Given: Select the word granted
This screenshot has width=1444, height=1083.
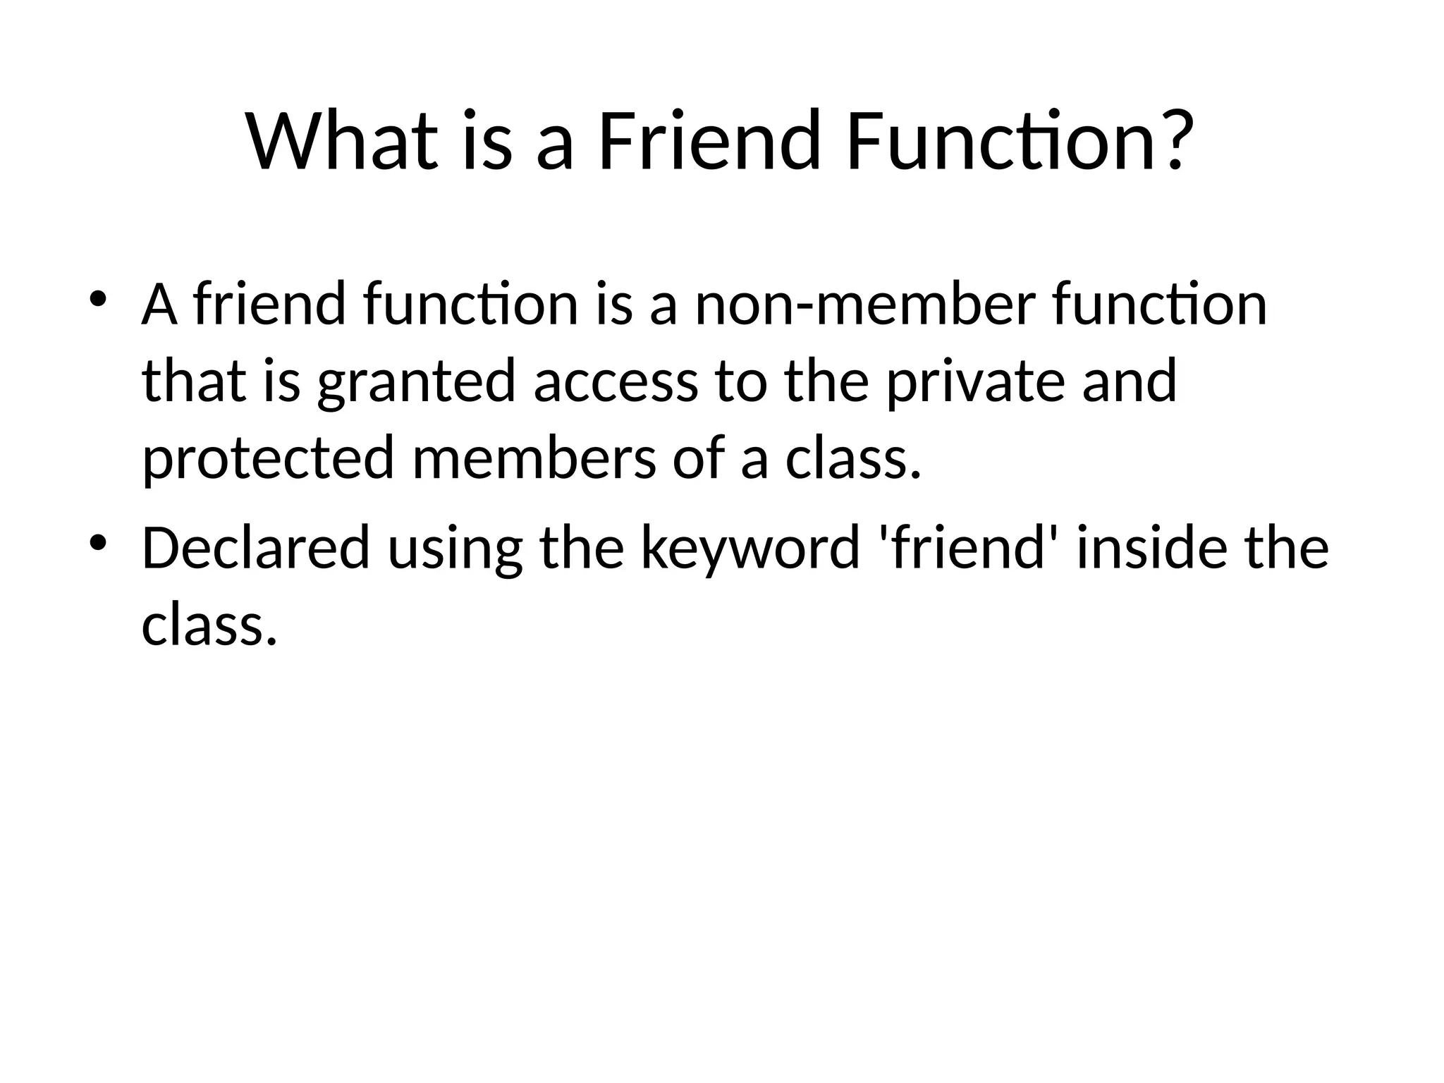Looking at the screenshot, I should (416, 382).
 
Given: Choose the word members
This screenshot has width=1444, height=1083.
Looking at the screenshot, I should (533, 458).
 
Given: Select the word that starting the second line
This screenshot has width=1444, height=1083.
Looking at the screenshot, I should (195, 382).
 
